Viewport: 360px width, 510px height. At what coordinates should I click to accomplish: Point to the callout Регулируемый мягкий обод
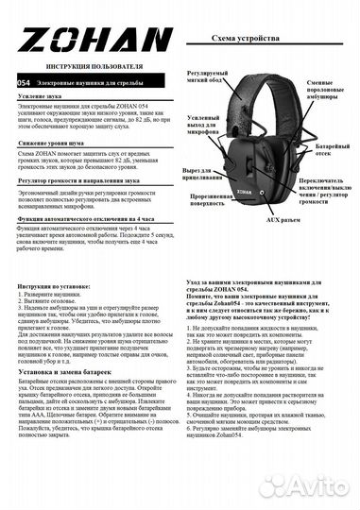[207, 78]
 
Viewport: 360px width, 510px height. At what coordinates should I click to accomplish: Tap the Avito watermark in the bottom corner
[316, 485]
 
